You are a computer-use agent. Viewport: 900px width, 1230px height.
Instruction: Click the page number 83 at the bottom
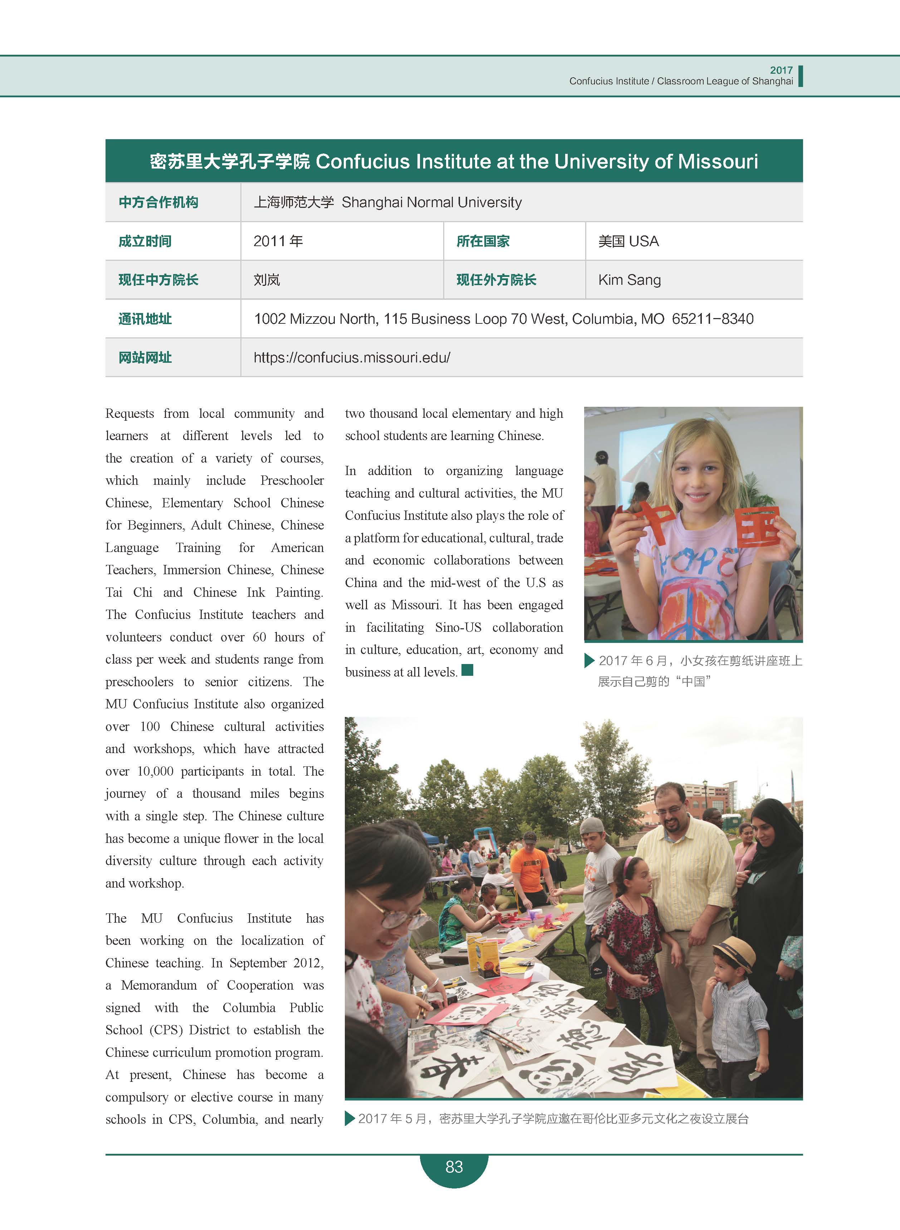(454, 1166)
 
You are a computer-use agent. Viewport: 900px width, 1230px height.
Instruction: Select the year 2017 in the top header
(781, 70)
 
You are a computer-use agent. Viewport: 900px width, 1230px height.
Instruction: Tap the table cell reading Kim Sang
(629, 280)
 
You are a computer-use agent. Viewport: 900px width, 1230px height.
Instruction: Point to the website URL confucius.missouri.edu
(352, 358)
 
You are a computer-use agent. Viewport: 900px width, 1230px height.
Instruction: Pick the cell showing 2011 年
(278, 241)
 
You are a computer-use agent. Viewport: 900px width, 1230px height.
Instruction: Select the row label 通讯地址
(145, 319)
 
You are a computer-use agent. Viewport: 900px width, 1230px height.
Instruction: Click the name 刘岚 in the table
(266, 280)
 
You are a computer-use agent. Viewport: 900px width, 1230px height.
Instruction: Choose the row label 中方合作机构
(158, 202)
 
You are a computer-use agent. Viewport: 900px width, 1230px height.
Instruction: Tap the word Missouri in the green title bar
(718, 161)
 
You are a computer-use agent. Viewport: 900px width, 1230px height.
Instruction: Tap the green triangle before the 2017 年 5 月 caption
(350, 1119)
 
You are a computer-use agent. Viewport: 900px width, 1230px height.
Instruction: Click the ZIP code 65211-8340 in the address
(713, 319)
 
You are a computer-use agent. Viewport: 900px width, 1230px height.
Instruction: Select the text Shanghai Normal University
(431, 202)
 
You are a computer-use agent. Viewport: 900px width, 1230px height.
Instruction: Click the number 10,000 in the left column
(155, 771)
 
